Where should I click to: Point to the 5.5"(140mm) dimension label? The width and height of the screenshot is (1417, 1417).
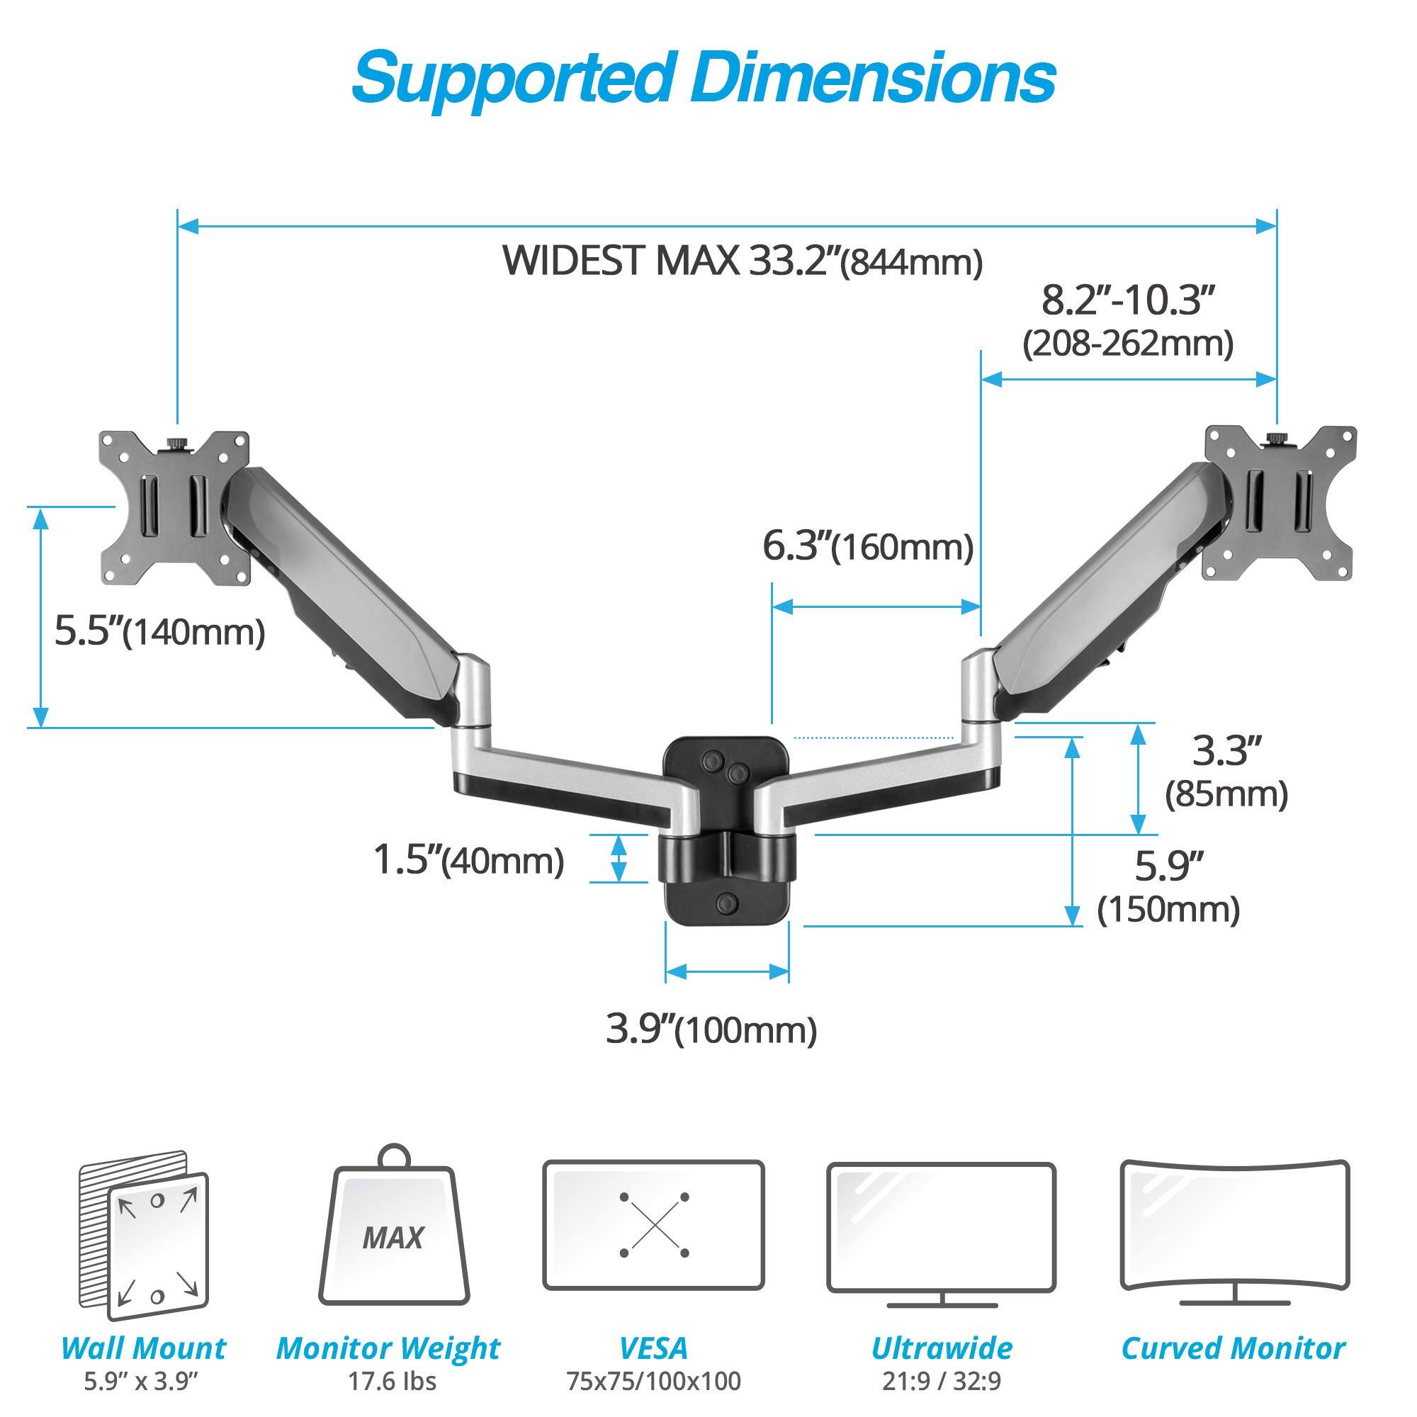(160, 631)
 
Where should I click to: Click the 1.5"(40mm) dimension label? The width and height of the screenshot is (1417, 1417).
(468, 860)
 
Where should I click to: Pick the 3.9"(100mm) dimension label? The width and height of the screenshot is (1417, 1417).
(711, 1029)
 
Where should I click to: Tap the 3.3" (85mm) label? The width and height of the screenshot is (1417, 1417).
(1226, 774)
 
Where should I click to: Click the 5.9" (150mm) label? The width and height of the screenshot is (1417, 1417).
(1168, 888)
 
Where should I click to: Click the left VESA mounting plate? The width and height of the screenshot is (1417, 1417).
(174, 508)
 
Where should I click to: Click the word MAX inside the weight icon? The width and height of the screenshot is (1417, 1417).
(393, 1238)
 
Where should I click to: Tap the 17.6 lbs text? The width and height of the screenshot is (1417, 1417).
(393, 1381)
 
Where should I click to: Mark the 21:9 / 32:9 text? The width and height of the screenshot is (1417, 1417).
(942, 1381)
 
